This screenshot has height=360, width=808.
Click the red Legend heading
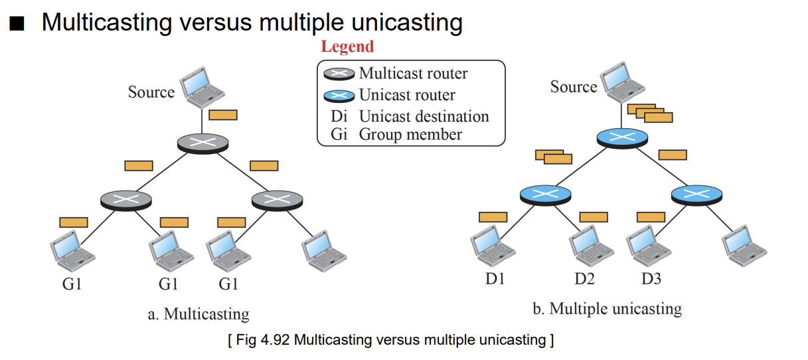point(347,46)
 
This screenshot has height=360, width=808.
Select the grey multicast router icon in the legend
point(339,74)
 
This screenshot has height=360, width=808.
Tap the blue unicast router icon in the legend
point(339,96)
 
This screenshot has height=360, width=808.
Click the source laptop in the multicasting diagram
point(202,87)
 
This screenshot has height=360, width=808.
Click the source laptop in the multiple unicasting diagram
point(623,82)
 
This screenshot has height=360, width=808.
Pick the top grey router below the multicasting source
point(202,143)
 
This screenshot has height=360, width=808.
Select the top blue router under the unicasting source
point(622,138)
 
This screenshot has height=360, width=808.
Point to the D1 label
point(495,279)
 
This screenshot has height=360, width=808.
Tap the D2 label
point(584,279)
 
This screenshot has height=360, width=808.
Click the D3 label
point(651,279)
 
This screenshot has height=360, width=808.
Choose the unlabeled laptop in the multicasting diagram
point(324,251)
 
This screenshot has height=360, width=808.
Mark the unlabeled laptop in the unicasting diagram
point(744,246)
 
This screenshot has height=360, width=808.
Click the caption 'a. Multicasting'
point(199,314)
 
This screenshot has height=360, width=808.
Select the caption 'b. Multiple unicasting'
point(607,309)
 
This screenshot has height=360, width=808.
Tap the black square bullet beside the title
point(17,23)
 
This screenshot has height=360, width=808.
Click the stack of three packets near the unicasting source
point(650,114)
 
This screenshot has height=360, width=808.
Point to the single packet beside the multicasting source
point(223,115)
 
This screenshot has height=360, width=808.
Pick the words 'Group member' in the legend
point(410,135)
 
